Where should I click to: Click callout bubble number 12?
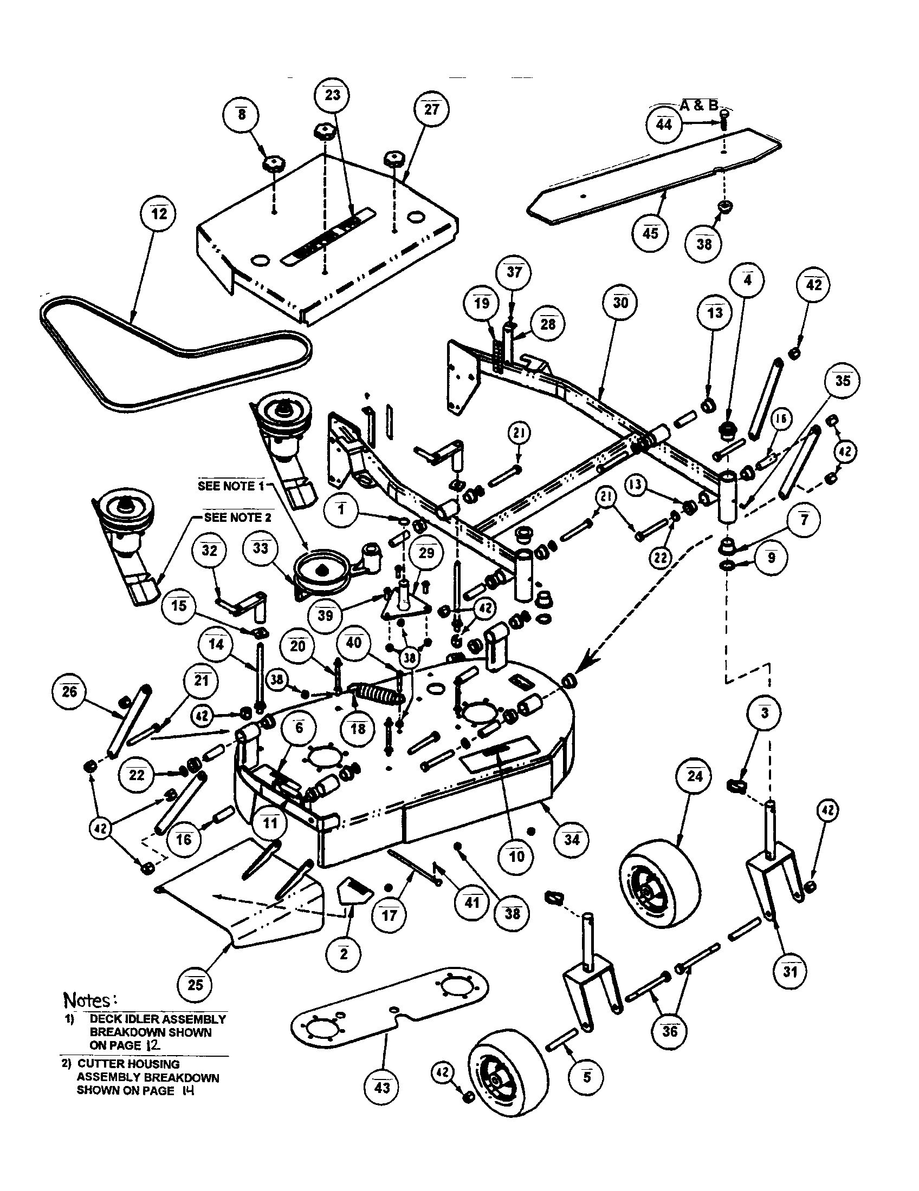[159, 213]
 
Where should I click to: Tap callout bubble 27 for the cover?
[431, 109]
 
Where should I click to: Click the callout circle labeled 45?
[650, 233]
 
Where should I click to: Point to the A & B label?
[699, 106]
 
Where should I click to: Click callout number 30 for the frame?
[620, 302]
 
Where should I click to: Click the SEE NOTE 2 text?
[237, 518]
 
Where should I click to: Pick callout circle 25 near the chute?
[195, 984]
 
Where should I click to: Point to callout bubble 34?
[571, 839]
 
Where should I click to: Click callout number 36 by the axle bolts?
[669, 1031]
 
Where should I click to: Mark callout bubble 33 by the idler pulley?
[261, 547]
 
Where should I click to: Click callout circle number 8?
[241, 115]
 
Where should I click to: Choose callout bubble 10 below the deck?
[516, 855]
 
